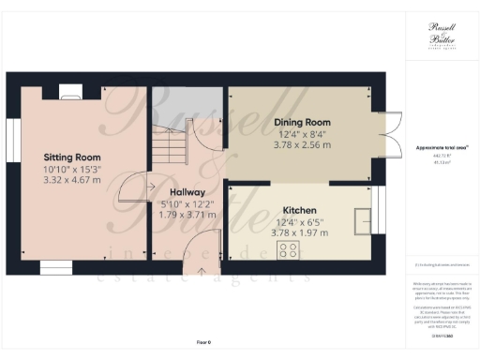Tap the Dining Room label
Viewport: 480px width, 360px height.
click(x=303, y=122)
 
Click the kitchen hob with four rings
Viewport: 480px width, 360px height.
click(x=288, y=249)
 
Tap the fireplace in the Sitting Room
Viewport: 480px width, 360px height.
click(x=69, y=91)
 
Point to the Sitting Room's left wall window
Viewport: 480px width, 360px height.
click(x=12, y=142)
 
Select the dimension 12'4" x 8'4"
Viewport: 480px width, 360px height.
click(x=303, y=134)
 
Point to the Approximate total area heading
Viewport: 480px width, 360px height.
click(x=441, y=148)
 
